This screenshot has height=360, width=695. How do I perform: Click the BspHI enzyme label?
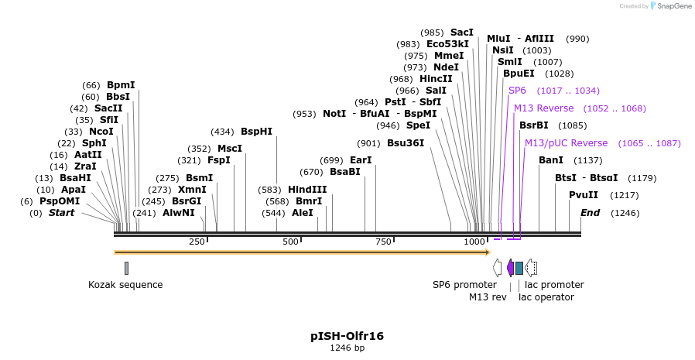coord(256,132)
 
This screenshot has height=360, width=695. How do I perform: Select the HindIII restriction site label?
coord(307,190)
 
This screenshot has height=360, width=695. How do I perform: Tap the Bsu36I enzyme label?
coord(406,143)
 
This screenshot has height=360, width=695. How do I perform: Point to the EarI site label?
coord(361,160)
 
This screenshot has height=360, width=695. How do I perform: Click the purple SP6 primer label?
coord(517,91)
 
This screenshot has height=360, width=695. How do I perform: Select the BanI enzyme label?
coord(551,160)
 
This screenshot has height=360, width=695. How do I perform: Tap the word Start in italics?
coord(62,213)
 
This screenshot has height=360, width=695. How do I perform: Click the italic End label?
coord(590,213)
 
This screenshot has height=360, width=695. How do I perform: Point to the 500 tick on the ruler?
coord(290,242)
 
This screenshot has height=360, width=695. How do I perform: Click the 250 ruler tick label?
coord(197,242)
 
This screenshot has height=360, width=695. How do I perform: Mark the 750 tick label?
coord(384,242)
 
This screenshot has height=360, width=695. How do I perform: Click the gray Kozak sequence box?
coord(126,268)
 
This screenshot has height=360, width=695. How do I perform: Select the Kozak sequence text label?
coord(125,285)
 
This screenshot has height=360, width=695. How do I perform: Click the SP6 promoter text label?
coord(464,285)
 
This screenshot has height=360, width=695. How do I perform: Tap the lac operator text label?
coord(546,297)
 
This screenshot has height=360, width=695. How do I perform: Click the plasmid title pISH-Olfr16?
coord(347,336)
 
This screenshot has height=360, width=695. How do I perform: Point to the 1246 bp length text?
coord(347,348)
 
